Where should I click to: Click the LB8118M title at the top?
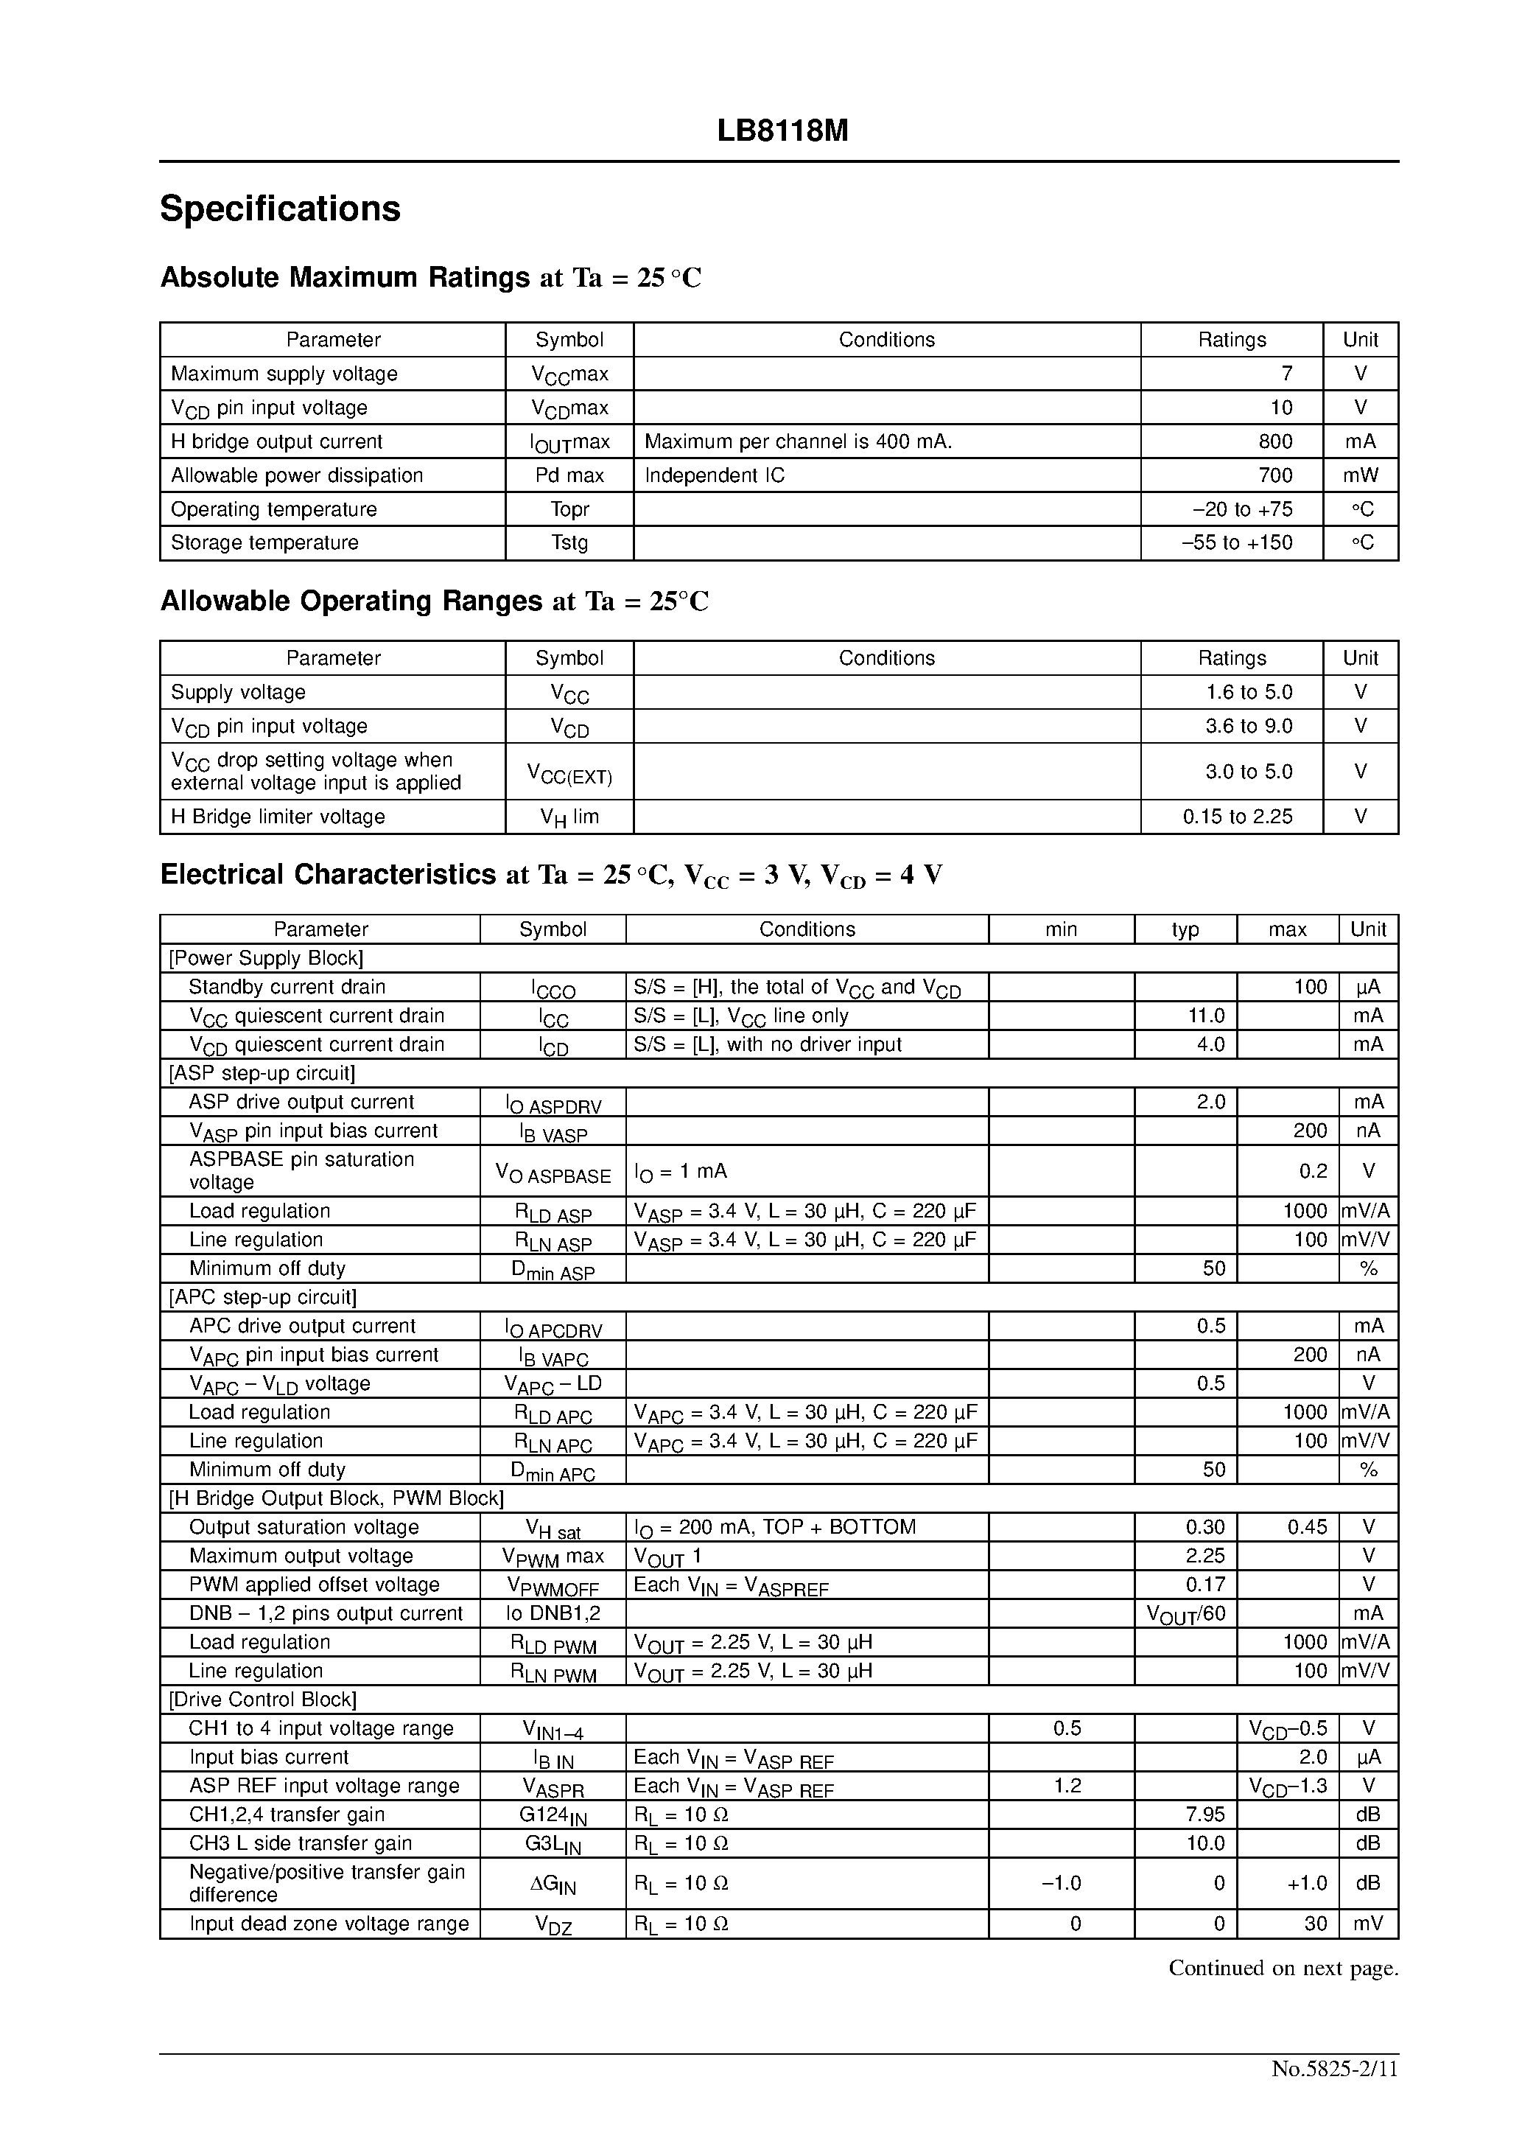coord(782,131)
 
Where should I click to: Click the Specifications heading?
coord(280,209)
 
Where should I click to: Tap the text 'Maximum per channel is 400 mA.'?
coord(798,441)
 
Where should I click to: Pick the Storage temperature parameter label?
coord(264,542)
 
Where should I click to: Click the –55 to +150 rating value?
coord(1236,542)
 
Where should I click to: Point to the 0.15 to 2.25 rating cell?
coord(1237,817)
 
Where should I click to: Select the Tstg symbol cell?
coord(569,542)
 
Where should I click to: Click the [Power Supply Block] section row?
coord(265,958)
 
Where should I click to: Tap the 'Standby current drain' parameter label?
coord(287,986)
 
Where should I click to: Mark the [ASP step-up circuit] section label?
coord(262,1073)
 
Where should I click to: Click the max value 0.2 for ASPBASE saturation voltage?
coord(1313,1170)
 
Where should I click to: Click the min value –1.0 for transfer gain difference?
coord(1062,1883)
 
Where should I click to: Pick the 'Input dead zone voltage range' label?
coord(329,1924)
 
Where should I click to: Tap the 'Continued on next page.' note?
coord(1283,1969)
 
